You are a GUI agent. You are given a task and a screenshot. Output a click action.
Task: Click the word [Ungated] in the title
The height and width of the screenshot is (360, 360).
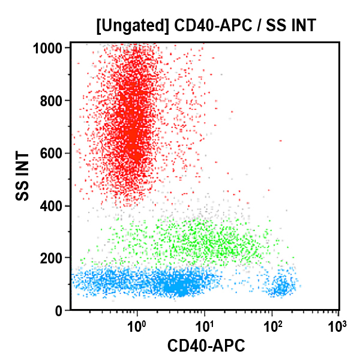132,26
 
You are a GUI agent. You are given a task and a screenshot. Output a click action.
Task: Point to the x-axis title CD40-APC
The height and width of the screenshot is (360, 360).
206,346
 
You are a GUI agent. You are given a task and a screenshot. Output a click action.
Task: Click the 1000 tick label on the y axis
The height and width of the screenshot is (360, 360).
50,48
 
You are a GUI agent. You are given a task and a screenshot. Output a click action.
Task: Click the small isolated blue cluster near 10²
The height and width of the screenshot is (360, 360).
281,288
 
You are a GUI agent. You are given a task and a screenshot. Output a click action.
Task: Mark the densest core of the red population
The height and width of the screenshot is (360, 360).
134,144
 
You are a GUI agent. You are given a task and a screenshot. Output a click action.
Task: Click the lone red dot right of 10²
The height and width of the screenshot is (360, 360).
280,141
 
